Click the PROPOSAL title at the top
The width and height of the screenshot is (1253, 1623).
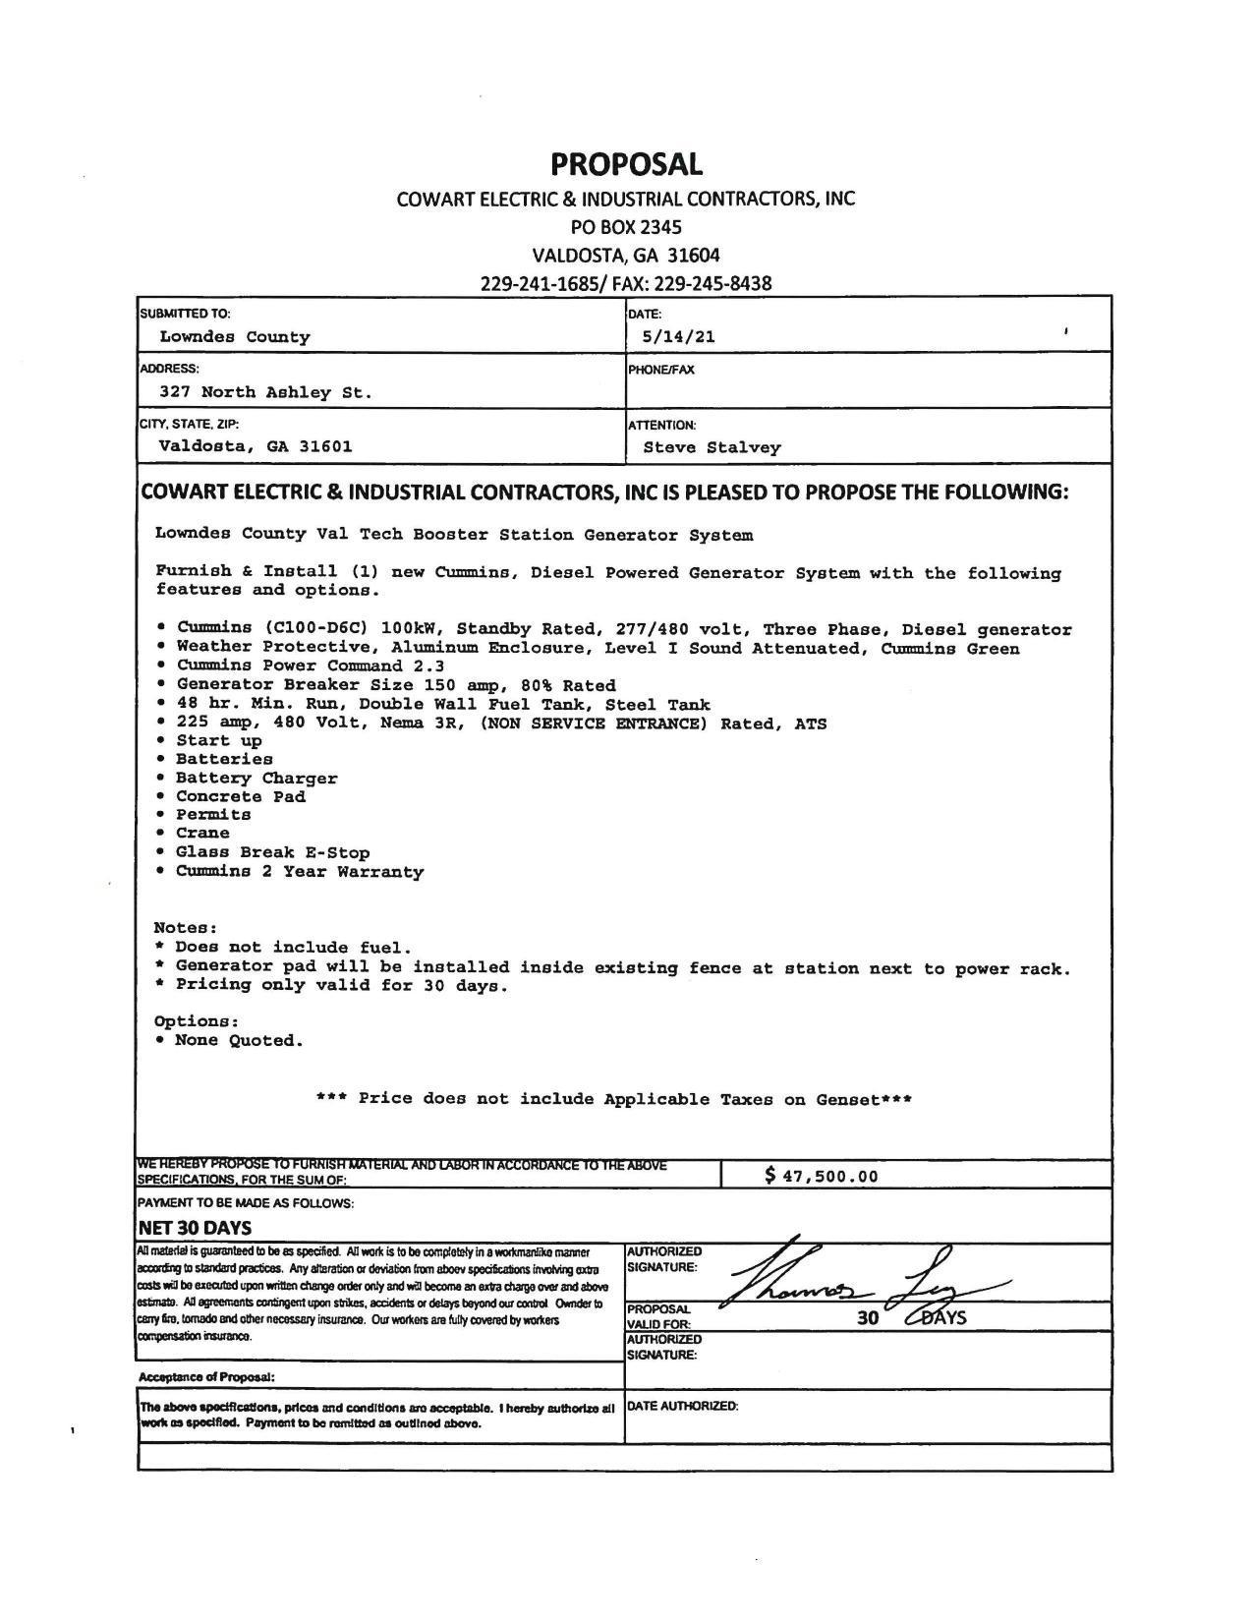tap(626, 163)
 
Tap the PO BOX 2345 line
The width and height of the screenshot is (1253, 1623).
tap(626, 227)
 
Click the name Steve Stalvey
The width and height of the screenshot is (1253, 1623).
tap(712, 448)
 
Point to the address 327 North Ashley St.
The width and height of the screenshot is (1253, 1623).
tap(265, 392)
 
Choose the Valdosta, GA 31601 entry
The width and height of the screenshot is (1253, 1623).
tap(255, 446)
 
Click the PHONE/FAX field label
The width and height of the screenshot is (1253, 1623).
tap(660, 371)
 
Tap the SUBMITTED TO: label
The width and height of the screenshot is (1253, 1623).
tap(185, 314)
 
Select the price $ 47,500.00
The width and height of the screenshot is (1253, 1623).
tap(822, 1176)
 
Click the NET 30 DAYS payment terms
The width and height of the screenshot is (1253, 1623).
tap(195, 1228)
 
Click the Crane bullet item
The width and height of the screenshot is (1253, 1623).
tap(201, 834)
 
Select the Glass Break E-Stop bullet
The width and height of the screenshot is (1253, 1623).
tap(272, 852)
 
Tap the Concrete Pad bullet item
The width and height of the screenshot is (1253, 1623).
tap(240, 796)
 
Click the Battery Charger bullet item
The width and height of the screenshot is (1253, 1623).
tap(256, 779)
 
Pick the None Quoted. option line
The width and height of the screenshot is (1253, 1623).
tap(239, 1041)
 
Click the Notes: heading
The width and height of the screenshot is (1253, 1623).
tap(186, 928)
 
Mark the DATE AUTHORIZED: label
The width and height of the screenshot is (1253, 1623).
tap(683, 1406)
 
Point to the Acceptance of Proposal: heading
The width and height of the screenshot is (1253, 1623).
tap(206, 1377)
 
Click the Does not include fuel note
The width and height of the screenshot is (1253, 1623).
tap(293, 948)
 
